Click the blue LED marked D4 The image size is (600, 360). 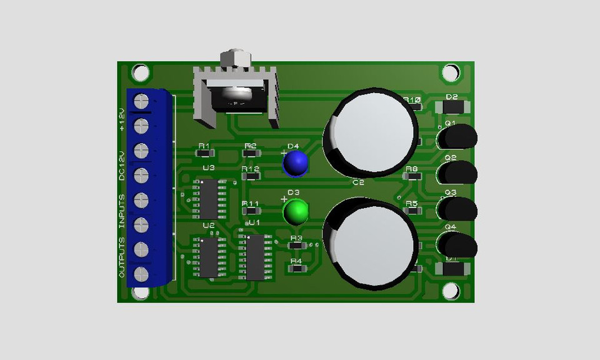pos(296,163)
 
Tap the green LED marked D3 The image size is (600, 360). pos(296,212)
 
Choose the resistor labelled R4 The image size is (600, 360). pos(297,269)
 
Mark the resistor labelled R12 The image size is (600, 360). pos(250,177)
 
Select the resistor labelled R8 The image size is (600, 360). pos(411,177)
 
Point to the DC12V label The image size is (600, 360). pos(122,165)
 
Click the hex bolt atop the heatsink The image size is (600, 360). pos(235,58)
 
